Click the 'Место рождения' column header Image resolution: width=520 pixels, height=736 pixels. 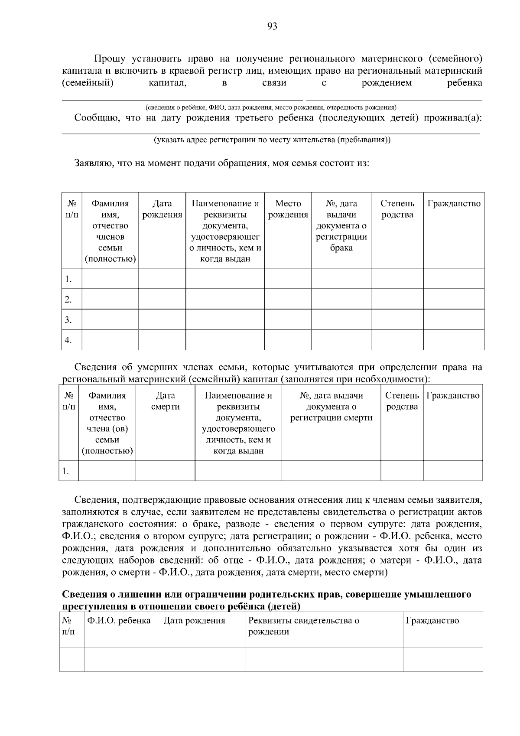tap(288, 209)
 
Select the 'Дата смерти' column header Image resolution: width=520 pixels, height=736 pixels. tap(165, 401)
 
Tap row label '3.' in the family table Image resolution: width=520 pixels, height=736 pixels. tap(68, 320)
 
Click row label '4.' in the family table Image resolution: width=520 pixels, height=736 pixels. tap(68, 340)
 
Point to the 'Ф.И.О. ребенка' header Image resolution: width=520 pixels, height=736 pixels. tap(119, 621)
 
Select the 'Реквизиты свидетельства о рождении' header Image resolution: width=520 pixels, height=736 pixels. tap(303, 626)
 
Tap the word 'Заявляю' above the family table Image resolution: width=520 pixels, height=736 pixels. tap(92, 164)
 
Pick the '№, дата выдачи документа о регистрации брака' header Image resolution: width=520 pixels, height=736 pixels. tap(341, 225)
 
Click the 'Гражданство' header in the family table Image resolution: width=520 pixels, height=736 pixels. tap(454, 204)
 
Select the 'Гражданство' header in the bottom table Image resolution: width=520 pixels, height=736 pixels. tap(432, 621)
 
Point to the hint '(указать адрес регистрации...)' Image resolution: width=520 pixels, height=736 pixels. tap(272, 140)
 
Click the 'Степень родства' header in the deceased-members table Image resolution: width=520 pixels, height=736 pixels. tap(402, 401)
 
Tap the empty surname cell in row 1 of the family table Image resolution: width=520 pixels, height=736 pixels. tap(110, 278)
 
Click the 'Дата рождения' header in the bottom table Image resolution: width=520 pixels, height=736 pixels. tap(194, 621)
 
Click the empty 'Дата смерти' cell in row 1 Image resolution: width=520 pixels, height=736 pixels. tap(165, 470)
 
